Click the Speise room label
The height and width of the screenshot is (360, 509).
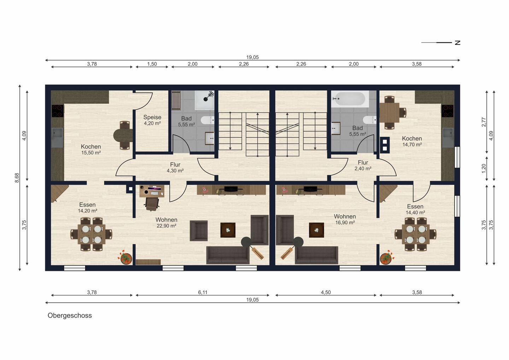[152, 117]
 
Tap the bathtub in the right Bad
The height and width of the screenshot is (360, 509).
[350, 99]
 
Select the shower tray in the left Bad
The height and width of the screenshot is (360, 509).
[205, 100]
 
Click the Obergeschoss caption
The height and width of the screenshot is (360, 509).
[70, 315]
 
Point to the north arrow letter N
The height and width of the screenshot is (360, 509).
[457, 43]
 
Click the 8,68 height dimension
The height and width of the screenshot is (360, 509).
[17, 178]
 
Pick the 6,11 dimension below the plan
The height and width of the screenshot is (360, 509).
[203, 292]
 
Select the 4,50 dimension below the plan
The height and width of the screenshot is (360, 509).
[326, 292]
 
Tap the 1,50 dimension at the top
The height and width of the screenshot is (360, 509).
[152, 64]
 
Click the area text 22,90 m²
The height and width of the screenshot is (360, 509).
[166, 226]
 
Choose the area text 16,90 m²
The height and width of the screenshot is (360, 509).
[345, 222]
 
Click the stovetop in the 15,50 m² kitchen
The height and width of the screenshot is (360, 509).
[58, 111]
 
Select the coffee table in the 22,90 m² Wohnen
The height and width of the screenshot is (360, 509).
[228, 230]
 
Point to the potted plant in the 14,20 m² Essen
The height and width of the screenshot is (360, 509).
[125, 257]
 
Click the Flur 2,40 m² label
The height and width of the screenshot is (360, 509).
[363, 166]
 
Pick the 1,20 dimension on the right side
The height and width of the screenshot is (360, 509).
[484, 168]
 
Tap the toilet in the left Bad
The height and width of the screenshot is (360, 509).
[207, 120]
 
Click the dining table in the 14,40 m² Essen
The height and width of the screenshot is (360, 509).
[416, 234]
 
